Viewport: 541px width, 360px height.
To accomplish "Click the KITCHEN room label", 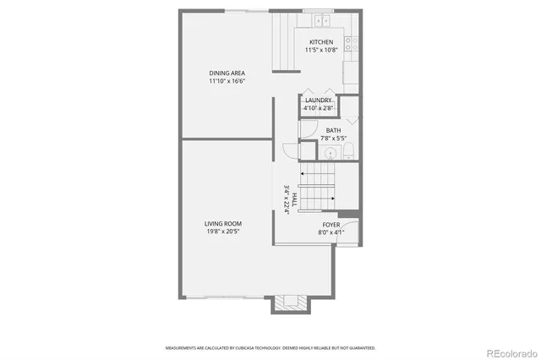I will [321, 42].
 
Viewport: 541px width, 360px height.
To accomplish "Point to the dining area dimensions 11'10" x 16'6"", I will [227, 81].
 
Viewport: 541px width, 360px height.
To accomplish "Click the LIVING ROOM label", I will [222, 223].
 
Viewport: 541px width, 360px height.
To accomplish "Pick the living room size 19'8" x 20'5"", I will [222, 232].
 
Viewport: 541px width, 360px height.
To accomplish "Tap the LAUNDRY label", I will [319, 101].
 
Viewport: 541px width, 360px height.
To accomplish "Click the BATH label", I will [333, 130].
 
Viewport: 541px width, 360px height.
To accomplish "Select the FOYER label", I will [330, 225].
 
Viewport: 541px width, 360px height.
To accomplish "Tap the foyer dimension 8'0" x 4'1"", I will [330, 232].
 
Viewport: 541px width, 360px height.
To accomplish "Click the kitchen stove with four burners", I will [351, 43].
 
